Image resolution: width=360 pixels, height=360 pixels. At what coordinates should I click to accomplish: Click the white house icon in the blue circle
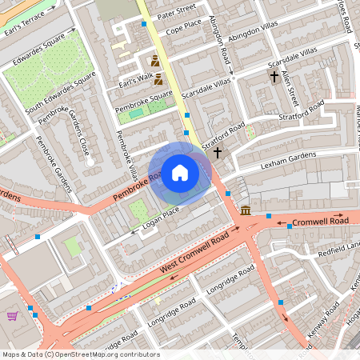180,173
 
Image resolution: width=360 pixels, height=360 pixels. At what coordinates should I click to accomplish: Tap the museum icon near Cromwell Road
244,210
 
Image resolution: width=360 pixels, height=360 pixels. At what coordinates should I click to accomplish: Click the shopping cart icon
12,316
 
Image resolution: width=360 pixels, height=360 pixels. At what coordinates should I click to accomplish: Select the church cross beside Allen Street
274,78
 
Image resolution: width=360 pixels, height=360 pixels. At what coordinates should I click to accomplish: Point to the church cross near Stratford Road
217,150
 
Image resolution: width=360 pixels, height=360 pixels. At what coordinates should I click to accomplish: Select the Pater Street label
176,10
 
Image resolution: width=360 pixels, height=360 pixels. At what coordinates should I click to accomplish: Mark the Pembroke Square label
144,98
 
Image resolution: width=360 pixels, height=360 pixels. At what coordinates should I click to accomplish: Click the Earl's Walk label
134,80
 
